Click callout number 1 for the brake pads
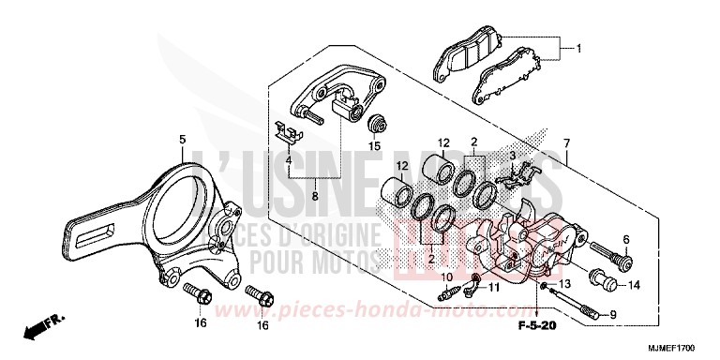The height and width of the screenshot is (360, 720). [x=578, y=49]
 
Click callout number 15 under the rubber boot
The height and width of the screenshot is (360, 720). [x=374, y=145]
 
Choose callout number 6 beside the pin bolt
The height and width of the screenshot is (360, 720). [x=625, y=239]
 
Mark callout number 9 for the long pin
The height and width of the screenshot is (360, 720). [x=613, y=315]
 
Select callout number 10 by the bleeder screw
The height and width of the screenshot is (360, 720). [x=447, y=277]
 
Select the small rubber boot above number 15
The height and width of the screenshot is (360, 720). [x=379, y=125]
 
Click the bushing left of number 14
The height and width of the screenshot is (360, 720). [x=599, y=279]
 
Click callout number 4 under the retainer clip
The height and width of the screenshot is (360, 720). [x=289, y=160]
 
